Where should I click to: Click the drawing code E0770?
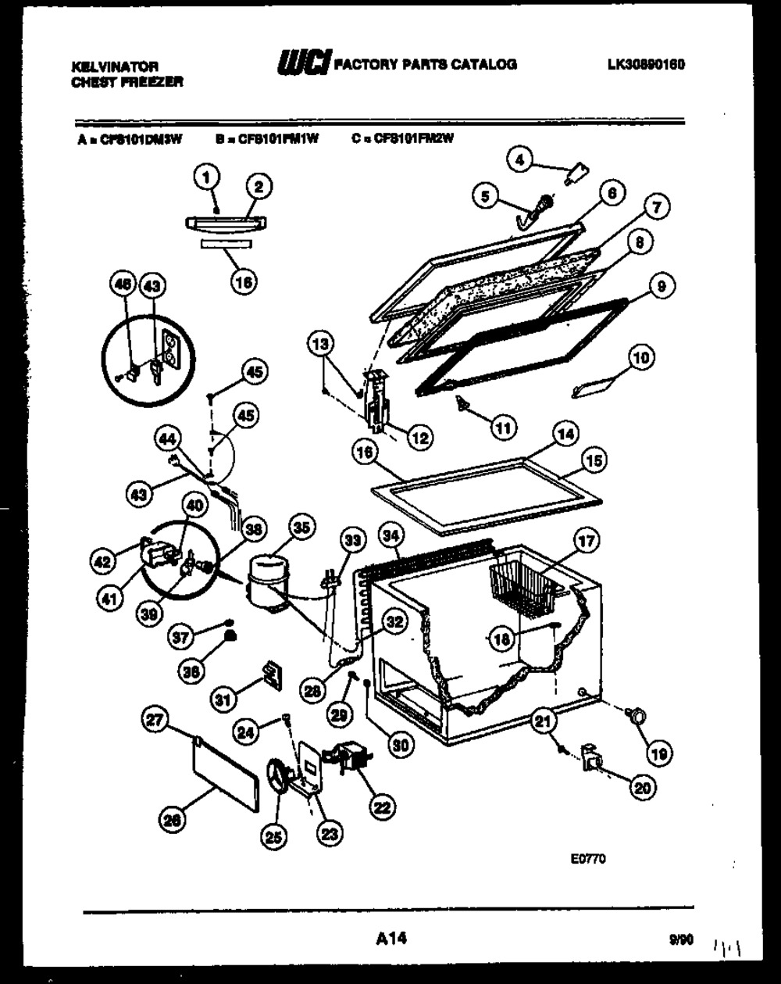588,858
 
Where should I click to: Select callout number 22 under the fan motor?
382,806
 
